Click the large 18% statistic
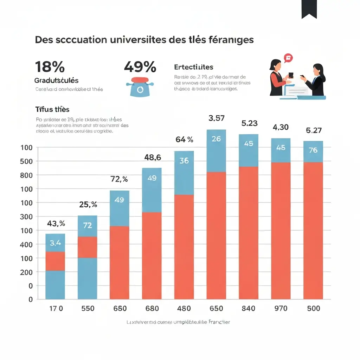[50, 66]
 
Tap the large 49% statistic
[140, 66]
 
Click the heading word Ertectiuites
[194, 67]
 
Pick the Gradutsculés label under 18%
[56, 81]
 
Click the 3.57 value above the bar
[216, 118]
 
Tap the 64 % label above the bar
[184, 140]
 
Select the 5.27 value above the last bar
[314, 130]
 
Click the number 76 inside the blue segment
[313, 150]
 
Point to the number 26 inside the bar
[216, 139]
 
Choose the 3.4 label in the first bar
[55, 242]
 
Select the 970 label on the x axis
[281, 308]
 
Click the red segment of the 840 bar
[249, 232]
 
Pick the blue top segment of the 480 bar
[184, 172]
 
